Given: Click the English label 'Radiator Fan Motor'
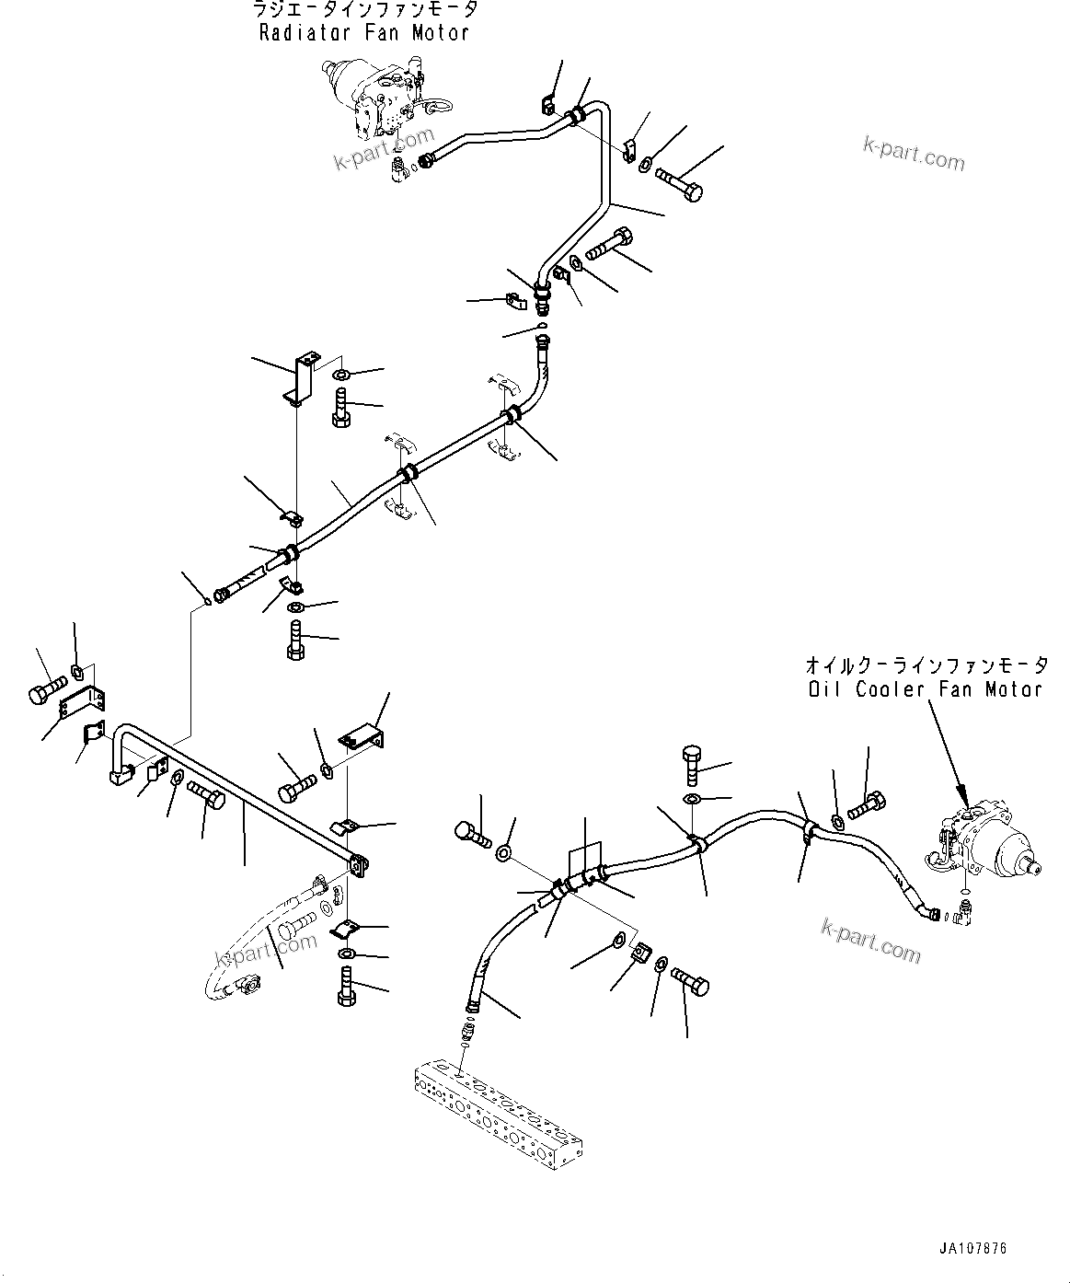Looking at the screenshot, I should [x=364, y=33].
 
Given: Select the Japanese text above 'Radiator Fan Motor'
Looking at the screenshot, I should [x=364, y=10].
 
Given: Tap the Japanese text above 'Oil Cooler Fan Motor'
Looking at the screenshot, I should [x=925, y=665].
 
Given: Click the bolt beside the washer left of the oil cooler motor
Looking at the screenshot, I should [x=866, y=807].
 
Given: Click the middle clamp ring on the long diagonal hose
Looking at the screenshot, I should [x=406, y=475].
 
